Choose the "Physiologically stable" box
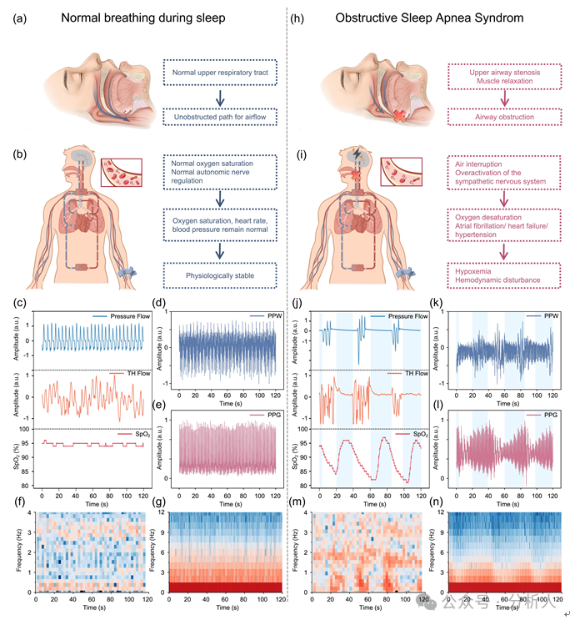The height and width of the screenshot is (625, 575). click(218, 273)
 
